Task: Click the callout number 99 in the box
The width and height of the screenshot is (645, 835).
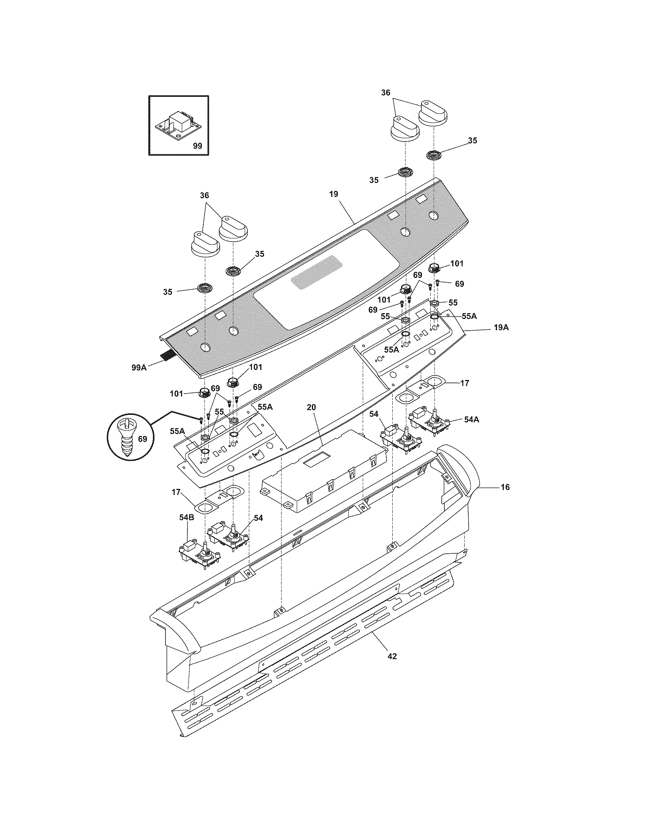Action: pyautogui.click(x=197, y=146)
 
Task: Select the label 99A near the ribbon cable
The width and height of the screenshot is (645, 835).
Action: pyautogui.click(x=139, y=367)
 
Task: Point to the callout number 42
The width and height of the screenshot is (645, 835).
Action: pyautogui.click(x=392, y=656)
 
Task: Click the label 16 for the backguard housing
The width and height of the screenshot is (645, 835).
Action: pyautogui.click(x=505, y=487)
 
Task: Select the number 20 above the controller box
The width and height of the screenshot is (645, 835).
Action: pyautogui.click(x=311, y=407)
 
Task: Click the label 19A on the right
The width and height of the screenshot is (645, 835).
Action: pyautogui.click(x=501, y=327)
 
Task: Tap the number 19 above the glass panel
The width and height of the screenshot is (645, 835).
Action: pyautogui.click(x=334, y=194)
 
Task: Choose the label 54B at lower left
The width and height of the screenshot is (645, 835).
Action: pyautogui.click(x=186, y=517)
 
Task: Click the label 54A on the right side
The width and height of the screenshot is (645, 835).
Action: pyautogui.click(x=472, y=419)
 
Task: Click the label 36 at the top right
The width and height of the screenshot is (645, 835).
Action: pyautogui.click(x=385, y=92)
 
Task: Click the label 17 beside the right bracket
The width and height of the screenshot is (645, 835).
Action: pyautogui.click(x=464, y=383)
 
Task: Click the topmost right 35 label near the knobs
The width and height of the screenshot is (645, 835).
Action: pyautogui.click(x=472, y=140)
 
